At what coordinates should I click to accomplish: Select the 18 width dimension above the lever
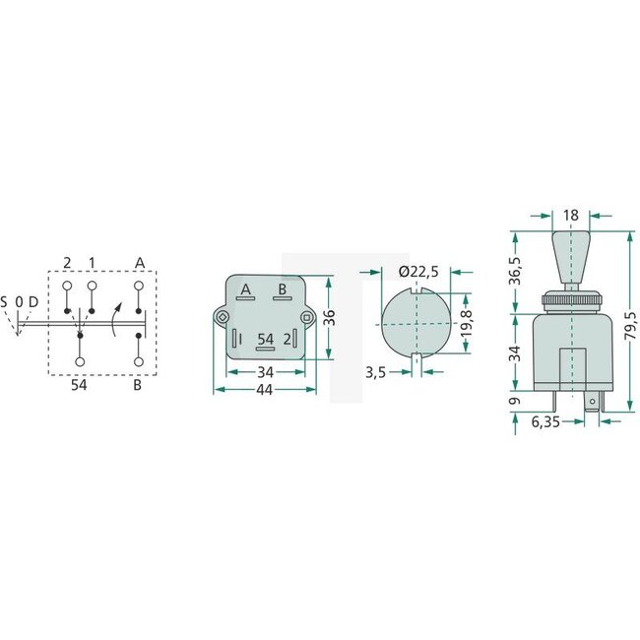pos(572,216)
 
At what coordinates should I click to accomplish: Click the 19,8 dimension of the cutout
pos(466,321)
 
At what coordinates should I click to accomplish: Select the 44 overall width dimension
pos(264,391)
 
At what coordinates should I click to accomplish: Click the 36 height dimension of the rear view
pos(332,318)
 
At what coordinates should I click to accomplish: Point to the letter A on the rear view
pos(245,288)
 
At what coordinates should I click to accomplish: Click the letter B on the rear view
pos(283,288)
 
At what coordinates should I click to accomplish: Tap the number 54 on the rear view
pos(265,339)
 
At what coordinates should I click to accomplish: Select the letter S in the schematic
pos(5,301)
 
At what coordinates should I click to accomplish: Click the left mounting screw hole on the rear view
pos(224,317)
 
